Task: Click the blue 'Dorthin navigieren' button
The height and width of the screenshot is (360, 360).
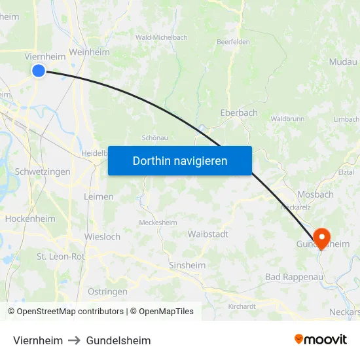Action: (180, 160)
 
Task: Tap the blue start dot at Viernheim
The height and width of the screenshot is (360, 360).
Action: (39, 71)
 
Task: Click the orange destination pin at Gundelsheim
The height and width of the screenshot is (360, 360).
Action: (321, 236)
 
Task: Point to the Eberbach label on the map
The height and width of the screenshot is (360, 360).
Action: (239, 113)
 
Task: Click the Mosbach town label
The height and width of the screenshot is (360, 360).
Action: (315, 194)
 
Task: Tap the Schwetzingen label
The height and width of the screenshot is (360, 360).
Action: (43, 171)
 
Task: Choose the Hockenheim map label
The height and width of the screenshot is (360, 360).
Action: (30, 219)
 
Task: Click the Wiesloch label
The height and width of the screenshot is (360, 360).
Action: (102, 236)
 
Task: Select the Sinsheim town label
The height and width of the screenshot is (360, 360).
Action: (187, 265)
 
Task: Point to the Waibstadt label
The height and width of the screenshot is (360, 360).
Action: (207, 234)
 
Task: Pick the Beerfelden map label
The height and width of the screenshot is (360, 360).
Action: (233, 41)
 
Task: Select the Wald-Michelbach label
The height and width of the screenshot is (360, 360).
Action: (161, 37)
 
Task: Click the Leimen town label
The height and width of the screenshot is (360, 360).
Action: (99, 196)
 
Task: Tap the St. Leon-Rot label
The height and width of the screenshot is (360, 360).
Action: (61, 257)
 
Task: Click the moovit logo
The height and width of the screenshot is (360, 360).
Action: (321, 339)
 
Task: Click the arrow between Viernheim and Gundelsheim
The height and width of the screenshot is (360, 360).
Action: (75, 340)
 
